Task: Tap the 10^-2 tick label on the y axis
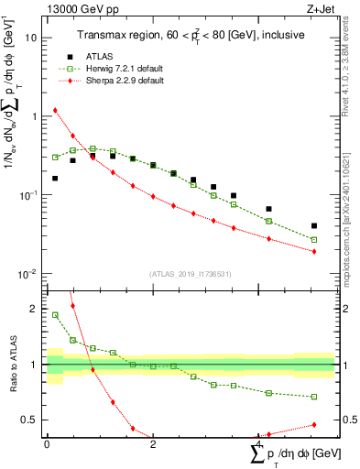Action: pyautogui.click(x=28, y=274)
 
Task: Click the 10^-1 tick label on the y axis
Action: pyautogui.click(x=28, y=195)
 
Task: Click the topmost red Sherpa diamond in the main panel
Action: pyautogui.click(x=55, y=111)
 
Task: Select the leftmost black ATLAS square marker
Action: pyautogui.click(x=55, y=179)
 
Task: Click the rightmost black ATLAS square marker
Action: pyautogui.click(x=314, y=225)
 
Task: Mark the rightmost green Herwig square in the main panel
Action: pyautogui.click(x=314, y=240)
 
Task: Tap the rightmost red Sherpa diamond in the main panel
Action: pyautogui.click(x=314, y=251)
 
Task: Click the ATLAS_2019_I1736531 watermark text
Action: pyautogui.click(x=190, y=273)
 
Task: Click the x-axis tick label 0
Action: pyautogui.click(x=47, y=444)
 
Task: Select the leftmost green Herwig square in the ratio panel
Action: pyautogui.click(x=55, y=315)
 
